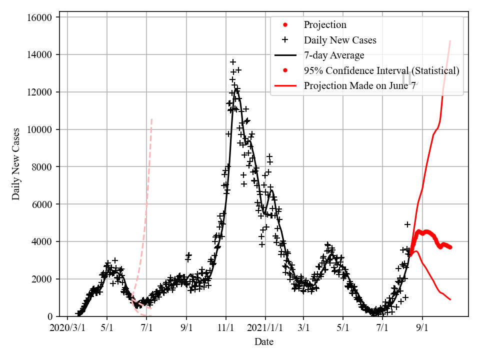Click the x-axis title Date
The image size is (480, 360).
pos(264,342)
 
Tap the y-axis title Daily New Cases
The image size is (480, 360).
pos(16,163)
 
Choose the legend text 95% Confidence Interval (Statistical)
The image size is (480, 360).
pos(381,70)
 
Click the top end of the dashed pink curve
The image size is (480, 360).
pos(151,119)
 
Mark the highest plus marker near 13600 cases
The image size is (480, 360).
pos(233,62)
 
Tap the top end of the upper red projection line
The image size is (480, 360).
pos(450,40)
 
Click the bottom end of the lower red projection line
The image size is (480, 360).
pos(450,299)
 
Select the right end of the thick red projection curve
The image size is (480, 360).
pos(450,247)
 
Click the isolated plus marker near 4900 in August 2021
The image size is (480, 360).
pos(407,224)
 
